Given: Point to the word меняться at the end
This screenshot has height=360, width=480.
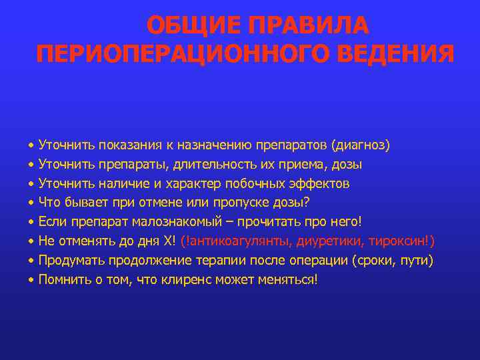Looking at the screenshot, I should pos(289,280).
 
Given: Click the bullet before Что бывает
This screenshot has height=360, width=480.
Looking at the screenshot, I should pos(31,203).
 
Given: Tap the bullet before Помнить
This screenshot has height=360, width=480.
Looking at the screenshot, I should pos(31,280).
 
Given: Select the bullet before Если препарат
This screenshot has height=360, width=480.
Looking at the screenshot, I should pos(31,222).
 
